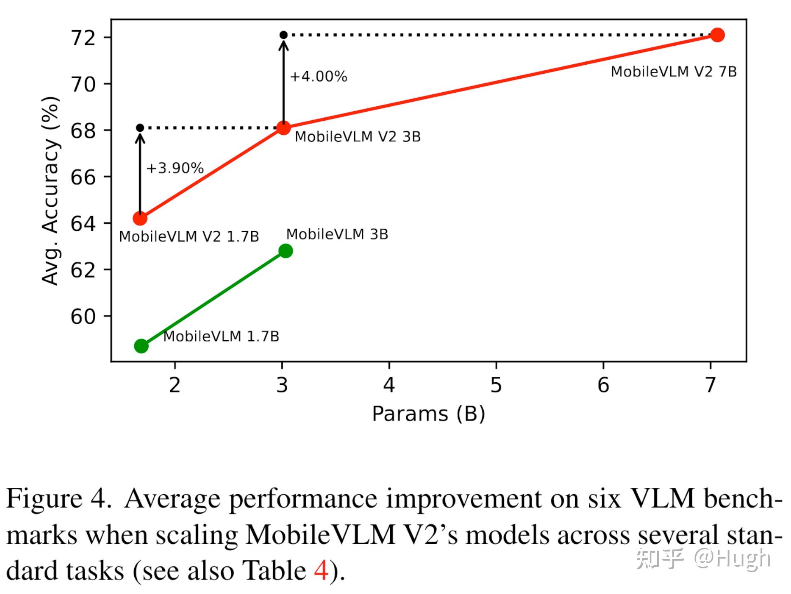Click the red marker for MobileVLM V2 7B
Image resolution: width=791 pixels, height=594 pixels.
[x=717, y=35]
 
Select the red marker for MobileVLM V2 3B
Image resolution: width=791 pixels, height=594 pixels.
[x=283, y=128]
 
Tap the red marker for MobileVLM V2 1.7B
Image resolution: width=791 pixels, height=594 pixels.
[x=140, y=218]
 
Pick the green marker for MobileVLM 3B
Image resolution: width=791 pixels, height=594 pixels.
[x=286, y=251]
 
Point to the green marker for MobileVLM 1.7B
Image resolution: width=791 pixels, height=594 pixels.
[x=141, y=346]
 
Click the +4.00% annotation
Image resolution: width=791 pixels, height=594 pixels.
[x=318, y=77]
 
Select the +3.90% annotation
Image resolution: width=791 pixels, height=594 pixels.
[x=175, y=168]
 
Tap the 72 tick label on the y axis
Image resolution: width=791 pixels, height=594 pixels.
[x=83, y=38]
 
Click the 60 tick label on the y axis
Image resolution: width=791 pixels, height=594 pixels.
[x=83, y=316]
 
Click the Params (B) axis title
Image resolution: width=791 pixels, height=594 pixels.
[x=428, y=414]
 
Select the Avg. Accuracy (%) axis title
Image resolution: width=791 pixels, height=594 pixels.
[x=51, y=190]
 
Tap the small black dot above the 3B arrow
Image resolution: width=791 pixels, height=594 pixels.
[x=283, y=35]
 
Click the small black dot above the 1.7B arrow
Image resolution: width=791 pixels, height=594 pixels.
[x=140, y=128]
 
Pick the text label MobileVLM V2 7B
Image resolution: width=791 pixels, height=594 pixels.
[x=674, y=72]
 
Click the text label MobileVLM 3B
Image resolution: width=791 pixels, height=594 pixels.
[x=337, y=234]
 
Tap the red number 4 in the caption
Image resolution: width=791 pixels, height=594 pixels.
[x=321, y=571]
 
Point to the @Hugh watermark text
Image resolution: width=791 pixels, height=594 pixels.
[x=732, y=559]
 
